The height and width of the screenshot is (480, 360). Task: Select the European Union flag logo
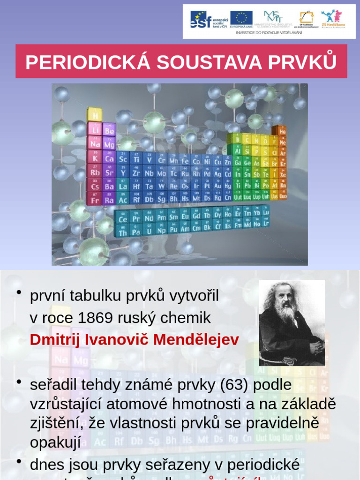(241, 19)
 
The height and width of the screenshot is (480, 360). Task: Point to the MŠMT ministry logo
(273, 18)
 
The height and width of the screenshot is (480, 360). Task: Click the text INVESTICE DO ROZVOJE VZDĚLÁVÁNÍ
(269, 33)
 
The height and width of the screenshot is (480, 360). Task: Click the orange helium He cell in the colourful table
(282, 131)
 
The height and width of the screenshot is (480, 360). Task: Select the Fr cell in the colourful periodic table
(95, 200)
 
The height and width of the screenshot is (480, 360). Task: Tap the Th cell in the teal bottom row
(123, 232)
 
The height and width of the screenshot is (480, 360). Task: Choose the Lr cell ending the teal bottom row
(266, 224)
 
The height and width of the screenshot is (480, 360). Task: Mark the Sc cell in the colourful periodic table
(123, 159)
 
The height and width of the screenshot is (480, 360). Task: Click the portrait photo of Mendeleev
(292, 323)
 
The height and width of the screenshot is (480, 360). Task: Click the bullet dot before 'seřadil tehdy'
(19, 382)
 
